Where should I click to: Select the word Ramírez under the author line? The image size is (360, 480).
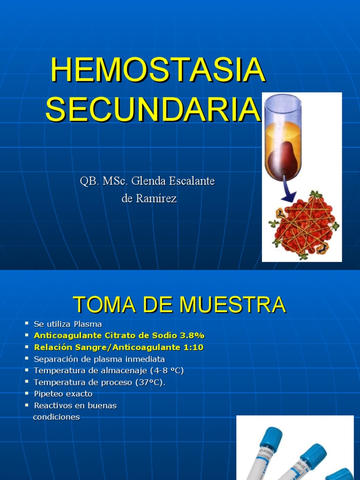pyautogui.click(x=157, y=199)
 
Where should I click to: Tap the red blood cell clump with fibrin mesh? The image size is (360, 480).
pyautogui.click(x=304, y=225)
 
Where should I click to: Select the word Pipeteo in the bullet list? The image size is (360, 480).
pyautogui.click(x=49, y=394)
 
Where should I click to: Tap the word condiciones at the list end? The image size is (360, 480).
pyautogui.click(x=56, y=417)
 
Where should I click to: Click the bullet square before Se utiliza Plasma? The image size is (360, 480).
pyautogui.click(x=27, y=323)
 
